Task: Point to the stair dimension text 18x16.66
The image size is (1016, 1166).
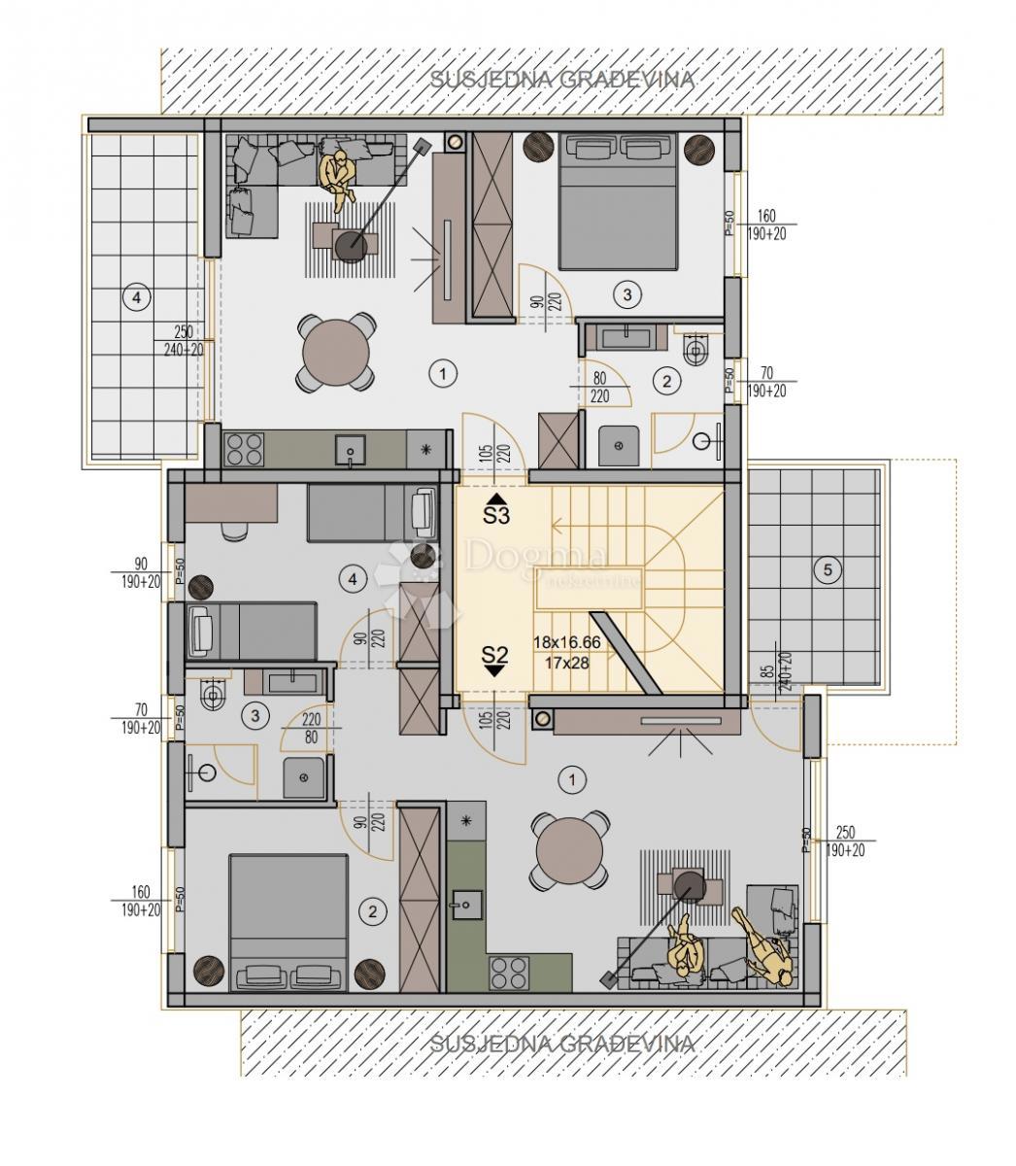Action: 566,642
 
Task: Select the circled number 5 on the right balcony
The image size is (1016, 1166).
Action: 828,570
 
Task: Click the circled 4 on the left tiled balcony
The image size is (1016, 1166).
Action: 137,298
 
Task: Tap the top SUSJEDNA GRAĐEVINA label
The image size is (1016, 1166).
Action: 562,80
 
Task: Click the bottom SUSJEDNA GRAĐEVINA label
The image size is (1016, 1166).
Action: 562,1044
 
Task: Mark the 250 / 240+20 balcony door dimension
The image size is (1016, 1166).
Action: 184,340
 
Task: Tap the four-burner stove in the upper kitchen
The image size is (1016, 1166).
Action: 244,450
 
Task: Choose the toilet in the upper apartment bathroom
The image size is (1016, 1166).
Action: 696,350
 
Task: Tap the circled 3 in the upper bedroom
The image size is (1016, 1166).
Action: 627,292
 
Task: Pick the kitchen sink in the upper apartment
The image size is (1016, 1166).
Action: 349,449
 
